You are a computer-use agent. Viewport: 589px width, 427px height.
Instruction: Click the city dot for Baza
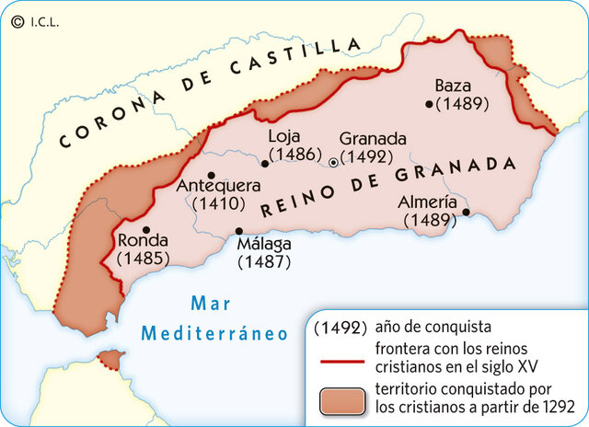click(429, 104)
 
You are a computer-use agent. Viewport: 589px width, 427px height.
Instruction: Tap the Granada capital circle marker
click(333, 162)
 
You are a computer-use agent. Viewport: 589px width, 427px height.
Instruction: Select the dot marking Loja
click(265, 164)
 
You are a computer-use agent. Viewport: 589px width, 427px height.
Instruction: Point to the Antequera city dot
click(212, 175)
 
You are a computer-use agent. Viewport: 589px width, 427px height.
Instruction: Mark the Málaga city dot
click(239, 231)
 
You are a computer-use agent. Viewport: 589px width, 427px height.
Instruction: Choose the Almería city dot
click(466, 212)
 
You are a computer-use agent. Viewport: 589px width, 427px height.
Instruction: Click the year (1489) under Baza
click(462, 103)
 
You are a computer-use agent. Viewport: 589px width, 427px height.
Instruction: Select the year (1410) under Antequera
click(217, 204)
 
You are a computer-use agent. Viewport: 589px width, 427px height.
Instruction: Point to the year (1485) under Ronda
click(144, 259)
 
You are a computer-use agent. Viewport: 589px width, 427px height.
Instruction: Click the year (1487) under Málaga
click(264, 261)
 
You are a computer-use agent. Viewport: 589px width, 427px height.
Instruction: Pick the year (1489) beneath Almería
click(430, 220)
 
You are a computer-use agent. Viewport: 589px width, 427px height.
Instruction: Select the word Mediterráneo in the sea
click(214, 333)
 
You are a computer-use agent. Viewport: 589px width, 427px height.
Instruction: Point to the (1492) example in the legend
click(341, 327)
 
